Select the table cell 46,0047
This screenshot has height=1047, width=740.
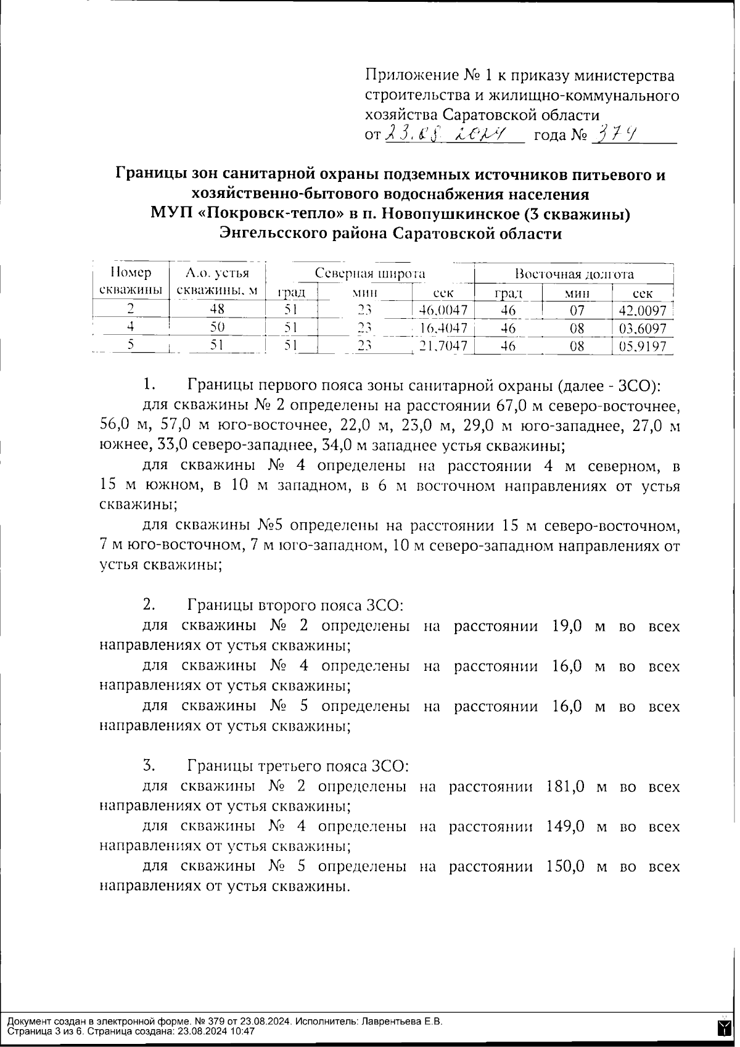coord(443,310)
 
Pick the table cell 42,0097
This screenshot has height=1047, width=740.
coord(643,310)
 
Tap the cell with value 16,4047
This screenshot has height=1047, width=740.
coord(443,328)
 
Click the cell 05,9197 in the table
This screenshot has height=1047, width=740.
coord(643,347)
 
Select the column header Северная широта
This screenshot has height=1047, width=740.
coord(370,274)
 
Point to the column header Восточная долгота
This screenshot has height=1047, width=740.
coord(574,274)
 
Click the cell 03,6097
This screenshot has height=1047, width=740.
coord(643,328)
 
